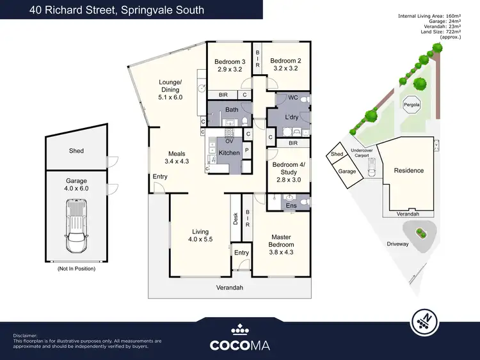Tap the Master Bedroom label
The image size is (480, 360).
point(281,240)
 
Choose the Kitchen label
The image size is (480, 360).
point(229,153)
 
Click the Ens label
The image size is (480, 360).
point(291,205)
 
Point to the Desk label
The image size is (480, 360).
point(236,219)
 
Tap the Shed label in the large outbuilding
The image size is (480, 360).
point(76,151)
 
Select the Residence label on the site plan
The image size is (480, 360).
point(408,171)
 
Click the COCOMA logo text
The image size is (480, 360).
point(239,345)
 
